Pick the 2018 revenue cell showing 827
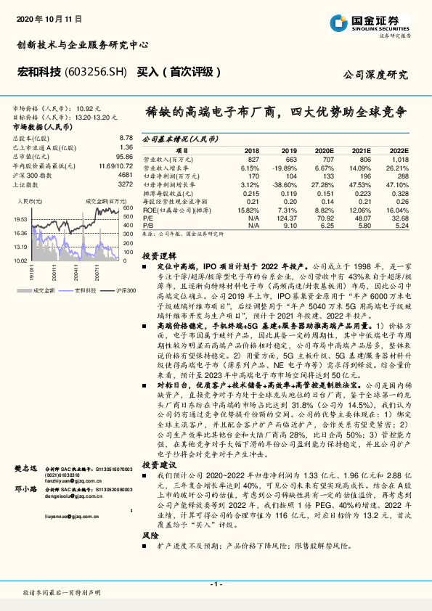(253, 158)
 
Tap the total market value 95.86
(124, 156)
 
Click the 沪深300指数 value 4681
(125, 175)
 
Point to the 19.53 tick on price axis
(20, 218)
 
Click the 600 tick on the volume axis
(126, 208)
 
